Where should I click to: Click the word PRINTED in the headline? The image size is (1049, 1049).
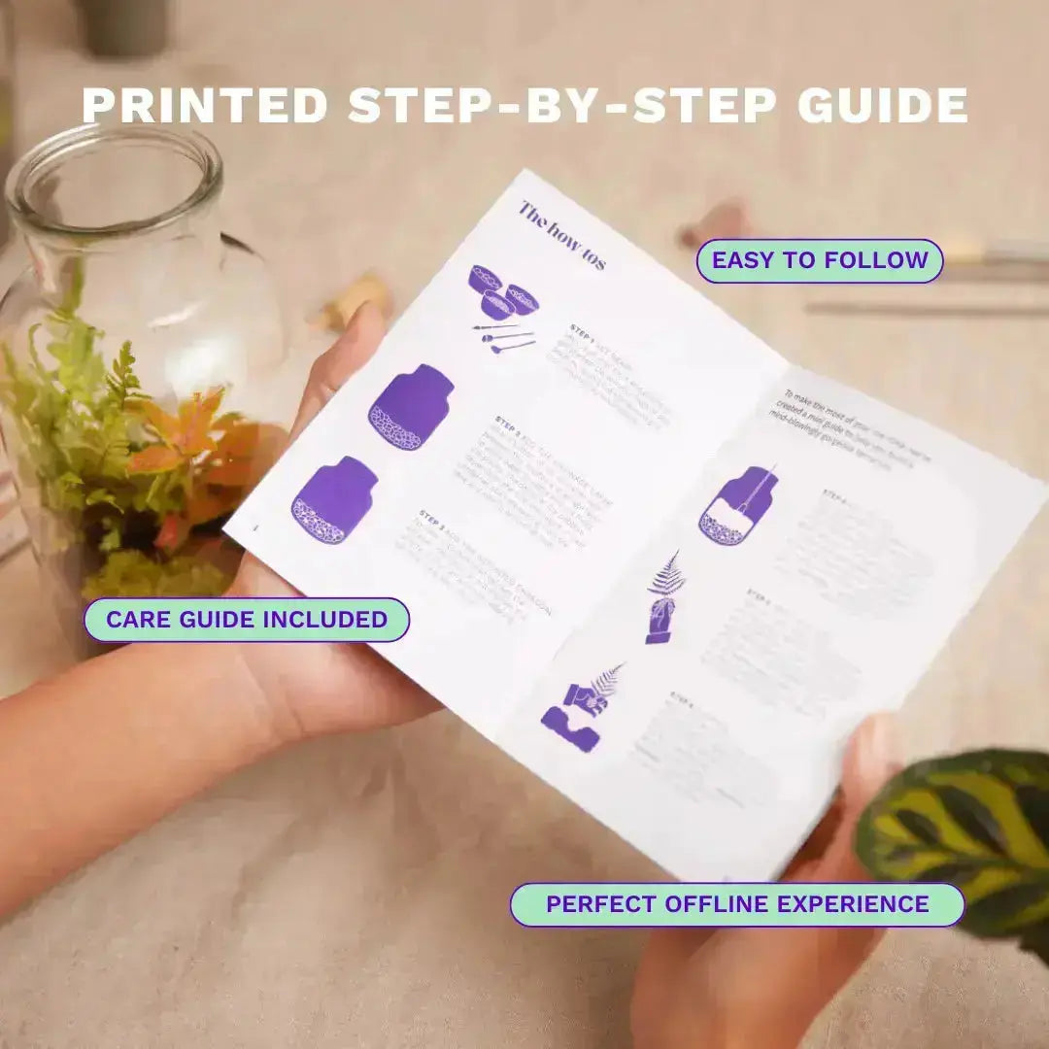tap(205, 105)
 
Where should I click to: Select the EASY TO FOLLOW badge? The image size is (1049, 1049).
tap(820, 260)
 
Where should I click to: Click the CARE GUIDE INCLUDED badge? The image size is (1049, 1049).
tap(247, 620)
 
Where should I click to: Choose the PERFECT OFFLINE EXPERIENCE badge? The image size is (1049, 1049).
tap(737, 904)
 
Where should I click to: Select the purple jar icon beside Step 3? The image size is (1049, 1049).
tap(334, 501)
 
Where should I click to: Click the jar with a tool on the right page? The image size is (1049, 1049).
tap(737, 505)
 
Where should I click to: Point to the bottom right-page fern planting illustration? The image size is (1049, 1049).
tap(581, 709)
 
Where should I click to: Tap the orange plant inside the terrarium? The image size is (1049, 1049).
tap(194, 437)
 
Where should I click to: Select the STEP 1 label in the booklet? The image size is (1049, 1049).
tap(582, 329)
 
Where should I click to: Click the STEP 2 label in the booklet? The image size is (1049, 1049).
tap(508, 423)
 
